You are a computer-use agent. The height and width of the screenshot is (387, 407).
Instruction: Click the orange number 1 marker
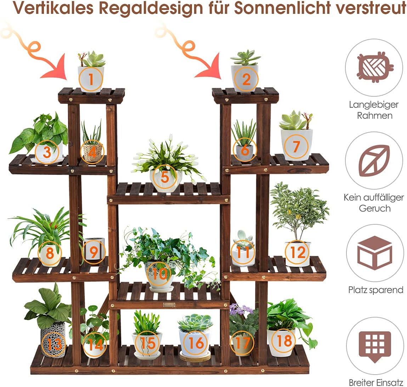click(91, 79)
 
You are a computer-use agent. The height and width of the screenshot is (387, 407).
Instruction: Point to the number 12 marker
click(298, 252)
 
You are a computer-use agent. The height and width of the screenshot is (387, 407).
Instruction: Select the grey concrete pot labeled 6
click(245, 152)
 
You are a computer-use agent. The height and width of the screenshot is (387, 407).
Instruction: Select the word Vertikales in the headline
click(53, 8)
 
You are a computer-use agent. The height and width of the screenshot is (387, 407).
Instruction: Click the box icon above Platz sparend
click(374, 253)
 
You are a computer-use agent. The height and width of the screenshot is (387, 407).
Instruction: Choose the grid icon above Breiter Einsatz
click(374, 347)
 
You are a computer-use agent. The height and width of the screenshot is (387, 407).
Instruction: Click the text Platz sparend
click(375, 290)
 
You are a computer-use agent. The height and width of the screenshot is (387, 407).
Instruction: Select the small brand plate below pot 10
click(169, 305)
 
